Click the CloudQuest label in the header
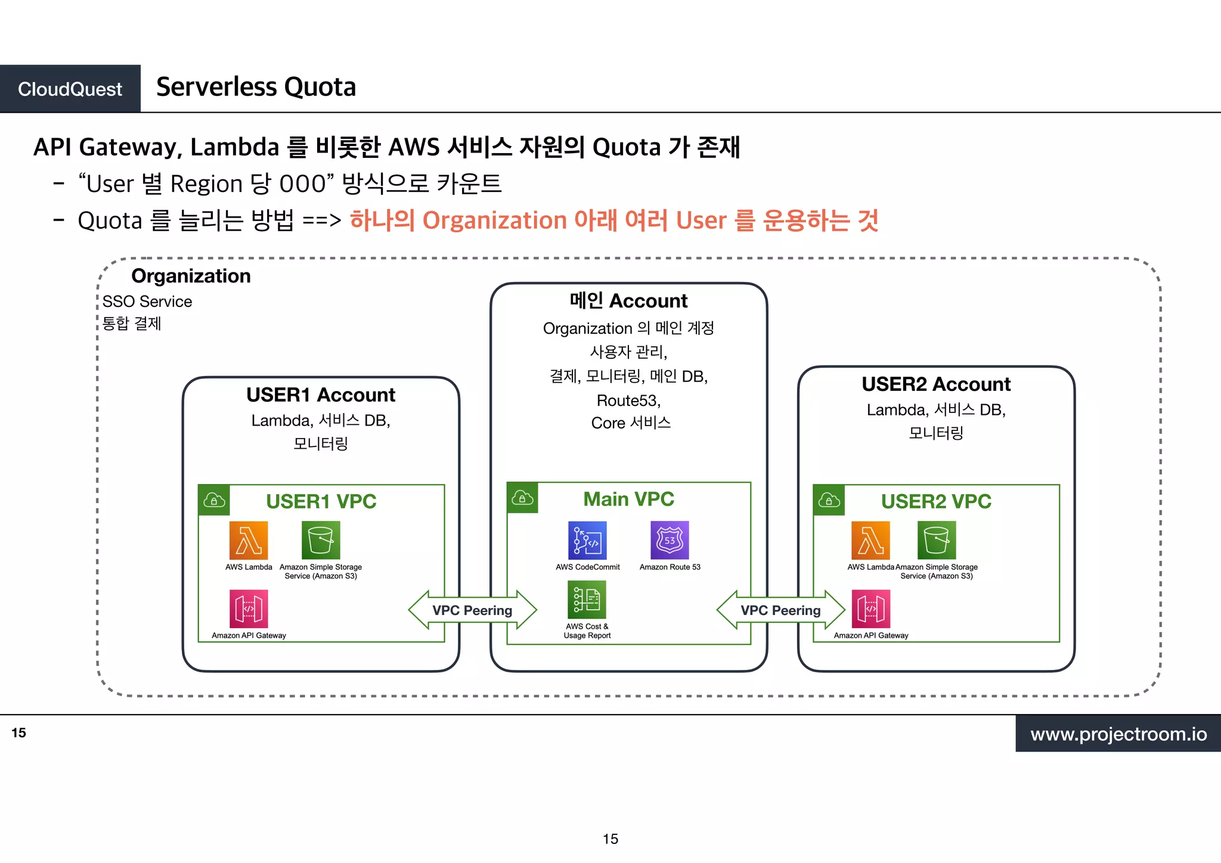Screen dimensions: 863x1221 pos(70,89)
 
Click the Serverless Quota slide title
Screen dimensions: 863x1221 pos(256,87)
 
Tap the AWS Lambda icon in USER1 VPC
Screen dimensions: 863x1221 pos(249,540)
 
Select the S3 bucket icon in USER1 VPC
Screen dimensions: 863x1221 pos(321,540)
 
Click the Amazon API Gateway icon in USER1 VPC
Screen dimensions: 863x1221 pos(249,609)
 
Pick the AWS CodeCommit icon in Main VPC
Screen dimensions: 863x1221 pos(587,540)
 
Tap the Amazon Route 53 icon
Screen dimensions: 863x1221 pos(670,540)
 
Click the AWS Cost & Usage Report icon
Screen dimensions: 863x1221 pos(587,600)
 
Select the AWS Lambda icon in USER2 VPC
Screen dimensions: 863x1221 pos(870,540)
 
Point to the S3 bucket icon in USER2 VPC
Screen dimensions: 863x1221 pos(937,540)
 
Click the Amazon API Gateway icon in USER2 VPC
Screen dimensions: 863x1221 pos(871,609)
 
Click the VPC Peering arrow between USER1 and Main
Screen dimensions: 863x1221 pos(472,610)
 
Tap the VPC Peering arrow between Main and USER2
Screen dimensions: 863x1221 pos(780,610)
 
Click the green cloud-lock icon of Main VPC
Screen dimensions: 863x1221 pos(522,498)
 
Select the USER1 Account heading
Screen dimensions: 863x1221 pos(321,395)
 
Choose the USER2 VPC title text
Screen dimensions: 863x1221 pos(936,501)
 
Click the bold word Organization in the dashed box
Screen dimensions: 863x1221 pos(191,276)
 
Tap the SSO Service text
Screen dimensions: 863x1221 pos(147,302)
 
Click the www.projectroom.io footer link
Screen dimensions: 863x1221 pos(1118,734)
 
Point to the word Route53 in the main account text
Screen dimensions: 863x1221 pos(628,401)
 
